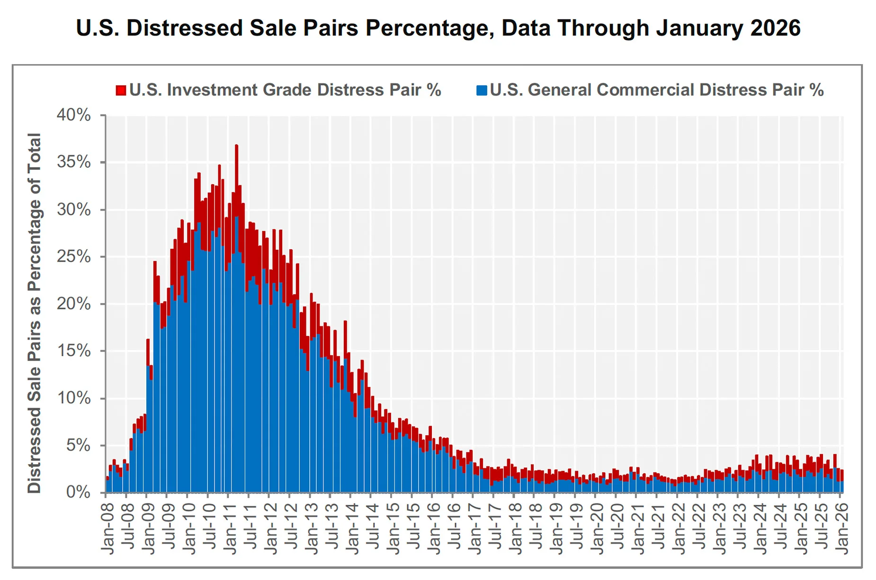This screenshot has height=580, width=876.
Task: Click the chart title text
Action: [438, 28]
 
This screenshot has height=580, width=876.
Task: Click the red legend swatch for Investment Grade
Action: [121, 90]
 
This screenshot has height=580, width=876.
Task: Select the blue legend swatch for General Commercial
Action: [482, 90]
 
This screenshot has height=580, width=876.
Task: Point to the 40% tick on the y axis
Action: [74, 115]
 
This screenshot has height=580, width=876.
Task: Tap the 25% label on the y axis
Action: [74, 256]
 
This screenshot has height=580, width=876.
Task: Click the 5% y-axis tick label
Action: [78, 445]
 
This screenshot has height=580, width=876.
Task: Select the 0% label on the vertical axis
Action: [78, 492]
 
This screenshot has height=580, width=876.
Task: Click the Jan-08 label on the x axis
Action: [108, 527]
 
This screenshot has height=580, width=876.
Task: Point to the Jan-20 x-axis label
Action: [598, 527]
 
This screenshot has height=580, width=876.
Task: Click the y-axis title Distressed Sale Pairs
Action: [34, 312]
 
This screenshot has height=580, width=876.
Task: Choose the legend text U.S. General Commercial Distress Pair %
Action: [656, 90]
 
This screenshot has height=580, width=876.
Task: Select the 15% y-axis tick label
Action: [74, 351]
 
